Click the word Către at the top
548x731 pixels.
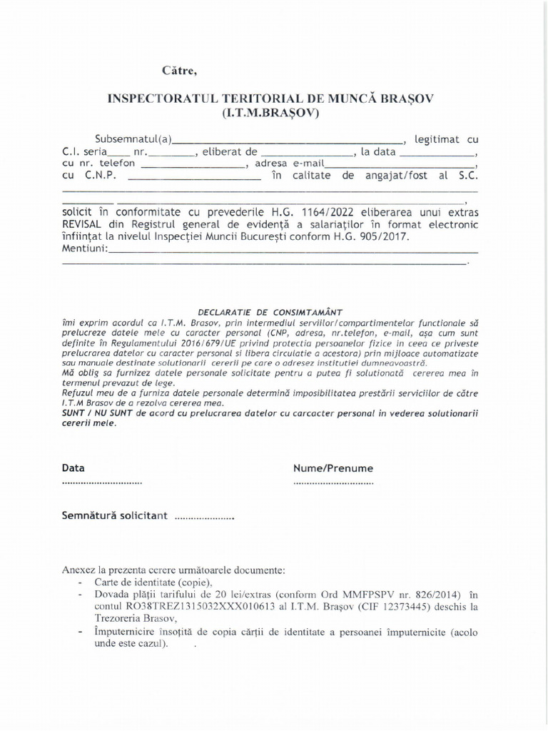click(178, 70)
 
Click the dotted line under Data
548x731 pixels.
click(102, 483)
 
